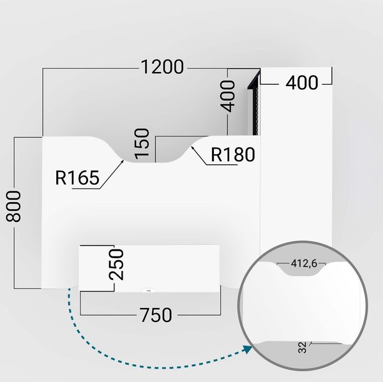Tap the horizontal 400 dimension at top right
click(x=301, y=82)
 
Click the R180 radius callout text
click(x=232, y=155)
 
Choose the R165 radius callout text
click(x=77, y=178)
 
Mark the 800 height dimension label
click(x=13, y=205)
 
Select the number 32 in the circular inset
click(x=301, y=348)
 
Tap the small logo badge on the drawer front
click(x=148, y=290)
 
